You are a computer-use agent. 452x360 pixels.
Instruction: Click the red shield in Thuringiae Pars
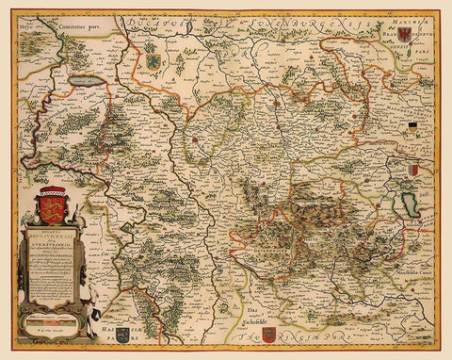click(x=268, y=334)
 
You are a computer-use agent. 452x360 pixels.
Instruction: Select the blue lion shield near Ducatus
click(x=152, y=62)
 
